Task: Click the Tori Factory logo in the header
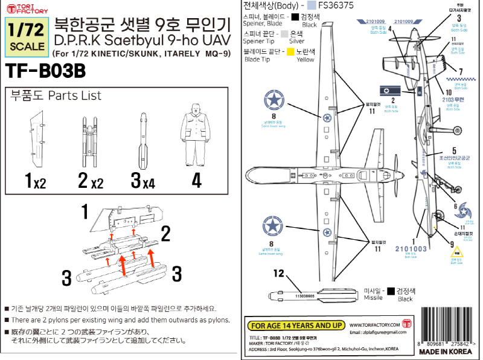click(x=22, y=8)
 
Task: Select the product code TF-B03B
click(x=45, y=71)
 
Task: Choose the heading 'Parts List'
click(x=75, y=96)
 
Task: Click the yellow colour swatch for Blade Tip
click(x=291, y=53)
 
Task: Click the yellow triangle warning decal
click(x=456, y=252)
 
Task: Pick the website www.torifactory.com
click(x=374, y=324)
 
